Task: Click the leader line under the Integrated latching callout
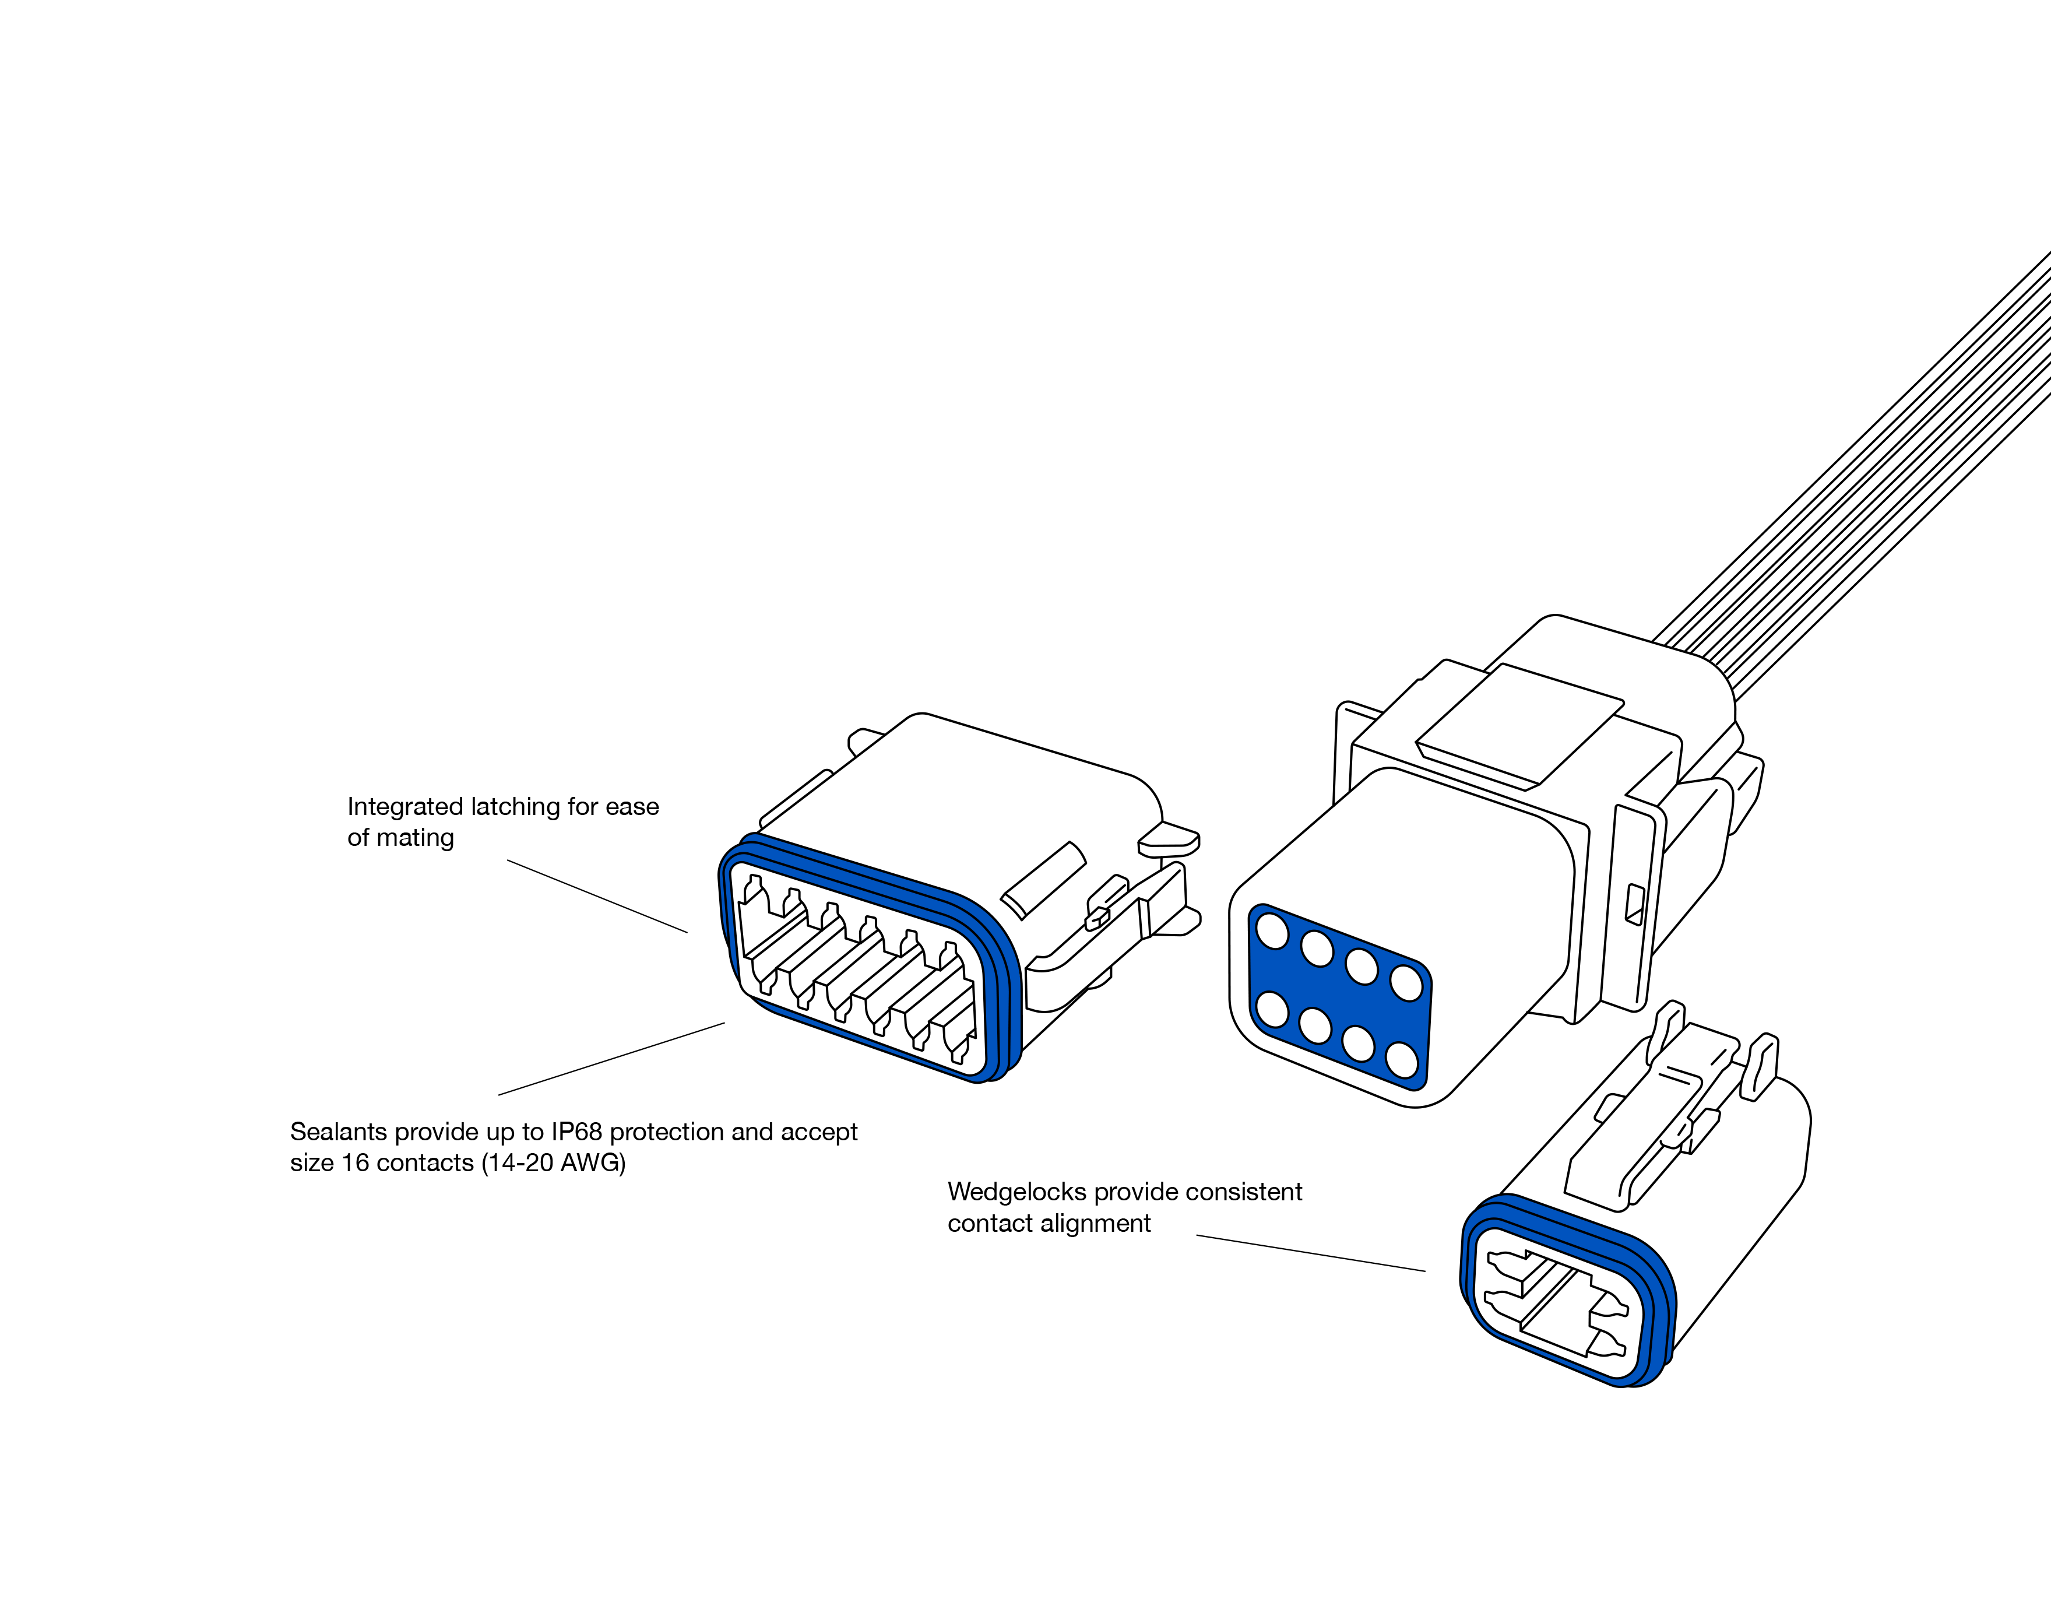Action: pos(597,896)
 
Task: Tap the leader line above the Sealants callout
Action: pos(611,1059)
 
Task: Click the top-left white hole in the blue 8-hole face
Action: pos(1273,933)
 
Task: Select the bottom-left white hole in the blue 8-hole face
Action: pos(1272,1009)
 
